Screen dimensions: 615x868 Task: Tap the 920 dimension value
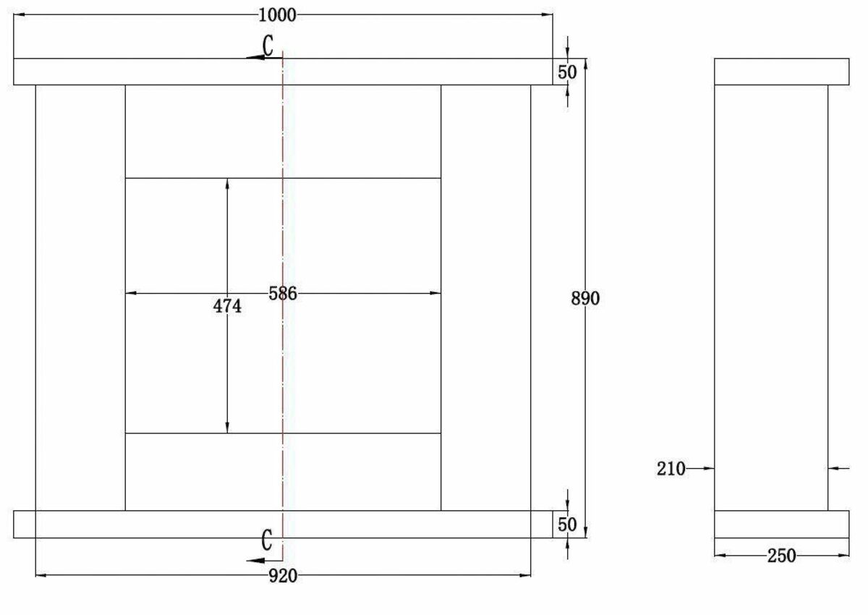coord(283,576)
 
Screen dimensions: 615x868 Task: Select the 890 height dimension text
coord(586,298)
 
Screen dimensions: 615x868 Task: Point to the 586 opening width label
coord(283,293)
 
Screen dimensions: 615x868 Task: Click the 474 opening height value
coord(227,307)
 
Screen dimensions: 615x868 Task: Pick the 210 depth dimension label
coord(671,469)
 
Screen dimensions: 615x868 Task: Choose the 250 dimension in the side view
coord(781,556)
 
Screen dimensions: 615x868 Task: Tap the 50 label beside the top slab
coord(568,72)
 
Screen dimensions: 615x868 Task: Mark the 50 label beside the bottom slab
coord(568,525)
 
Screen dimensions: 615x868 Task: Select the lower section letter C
coord(267,540)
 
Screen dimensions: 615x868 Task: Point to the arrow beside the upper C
coord(255,58)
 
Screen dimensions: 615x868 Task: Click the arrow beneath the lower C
coord(255,561)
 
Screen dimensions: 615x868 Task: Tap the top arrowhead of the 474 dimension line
coord(227,183)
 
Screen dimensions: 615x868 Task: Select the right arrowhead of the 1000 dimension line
coord(548,14)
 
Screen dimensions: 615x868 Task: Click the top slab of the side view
coord(781,72)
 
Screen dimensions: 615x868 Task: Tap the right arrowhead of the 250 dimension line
coord(845,556)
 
